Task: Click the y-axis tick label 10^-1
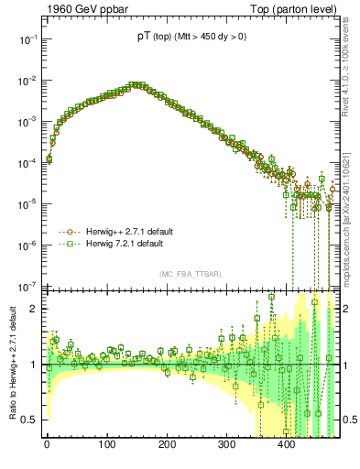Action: point(25,40)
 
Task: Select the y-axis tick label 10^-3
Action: point(25,122)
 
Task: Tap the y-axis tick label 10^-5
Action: point(25,203)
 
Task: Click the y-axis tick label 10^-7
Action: point(25,285)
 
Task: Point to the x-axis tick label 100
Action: point(106,448)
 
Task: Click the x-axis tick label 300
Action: point(226,448)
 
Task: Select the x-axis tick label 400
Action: point(286,448)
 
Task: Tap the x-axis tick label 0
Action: point(47,448)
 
